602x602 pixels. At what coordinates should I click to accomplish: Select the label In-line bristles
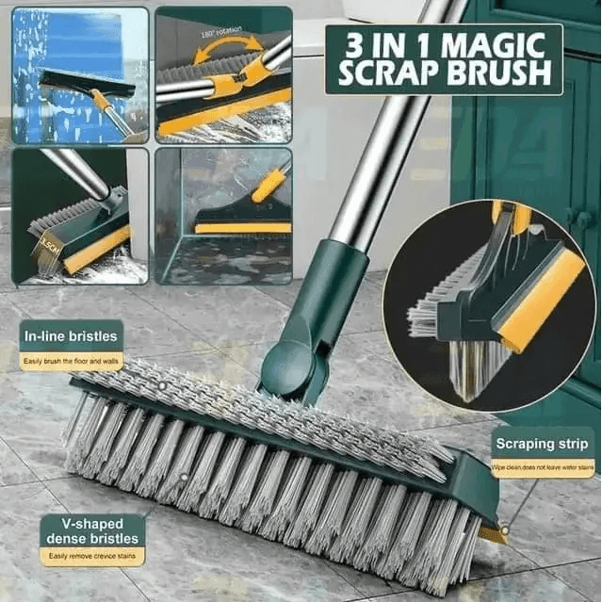[x=71, y=335]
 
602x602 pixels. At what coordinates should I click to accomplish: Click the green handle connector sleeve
[x=326, y=284]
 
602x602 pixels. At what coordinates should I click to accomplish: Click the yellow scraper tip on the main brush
[x=491, y=534]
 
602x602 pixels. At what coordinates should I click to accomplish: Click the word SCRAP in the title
[x=390, y=73]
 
